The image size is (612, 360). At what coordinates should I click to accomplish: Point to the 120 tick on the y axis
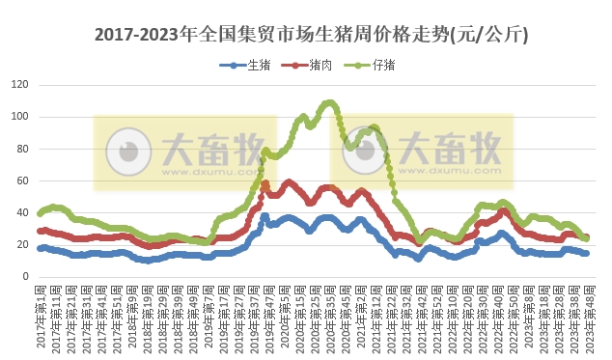tap(19, 85)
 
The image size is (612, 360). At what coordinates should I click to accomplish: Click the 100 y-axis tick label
tap(19, 117)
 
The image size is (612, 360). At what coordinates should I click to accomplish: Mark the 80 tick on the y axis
tap(22, 149)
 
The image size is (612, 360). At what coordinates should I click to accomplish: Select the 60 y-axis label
tap(22, 180)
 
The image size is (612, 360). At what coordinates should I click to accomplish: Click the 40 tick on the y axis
tap(22, 212)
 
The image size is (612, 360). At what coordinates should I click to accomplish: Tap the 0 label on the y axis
tap(25, 276)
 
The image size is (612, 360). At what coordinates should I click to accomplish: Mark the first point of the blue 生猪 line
tap(40, 248)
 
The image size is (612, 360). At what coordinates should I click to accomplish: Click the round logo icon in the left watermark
tap(127, 151)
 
